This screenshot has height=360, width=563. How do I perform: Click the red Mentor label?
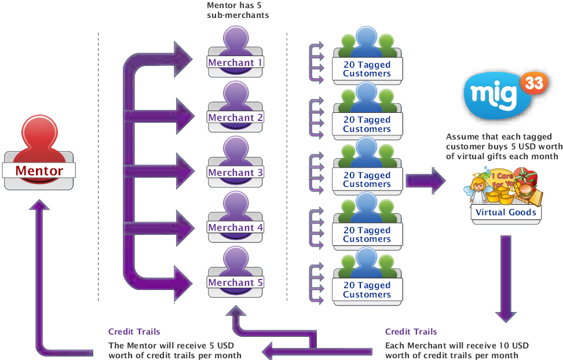pos(39,171)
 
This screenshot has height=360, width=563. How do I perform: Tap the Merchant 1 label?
pos(236,63)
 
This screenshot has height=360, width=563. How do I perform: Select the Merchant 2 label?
pos(236,117)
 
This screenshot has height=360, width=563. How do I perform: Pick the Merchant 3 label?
pos(236,172)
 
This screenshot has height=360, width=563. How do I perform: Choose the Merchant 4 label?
pos(236,227)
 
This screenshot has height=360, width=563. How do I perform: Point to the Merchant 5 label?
pos(236,282)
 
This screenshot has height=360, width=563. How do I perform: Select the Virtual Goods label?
pos(506,212)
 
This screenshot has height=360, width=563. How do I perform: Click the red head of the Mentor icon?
pos(38,131)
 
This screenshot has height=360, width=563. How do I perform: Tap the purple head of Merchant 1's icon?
pos(235,39)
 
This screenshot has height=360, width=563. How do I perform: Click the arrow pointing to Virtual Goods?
pos(425,181)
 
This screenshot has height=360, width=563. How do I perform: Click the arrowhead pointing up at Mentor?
pos(39,206)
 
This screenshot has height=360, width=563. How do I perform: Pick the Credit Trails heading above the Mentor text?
pos(134,332)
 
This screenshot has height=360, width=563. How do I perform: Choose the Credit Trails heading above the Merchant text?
pos(411,332)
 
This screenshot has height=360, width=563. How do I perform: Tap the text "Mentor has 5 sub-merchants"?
pos(237,10)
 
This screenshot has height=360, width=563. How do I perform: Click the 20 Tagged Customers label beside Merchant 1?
pos(367,69)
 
